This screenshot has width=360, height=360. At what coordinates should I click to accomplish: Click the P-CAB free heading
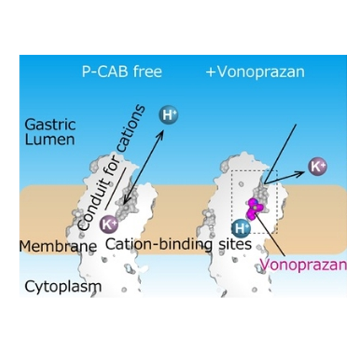tap(122, 71)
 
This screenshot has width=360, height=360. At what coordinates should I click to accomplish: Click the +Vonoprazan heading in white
tap(256, 72)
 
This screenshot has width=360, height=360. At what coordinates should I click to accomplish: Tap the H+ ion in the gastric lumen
tap(168, 115)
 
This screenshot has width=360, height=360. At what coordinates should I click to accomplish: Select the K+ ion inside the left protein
tap(109, 225)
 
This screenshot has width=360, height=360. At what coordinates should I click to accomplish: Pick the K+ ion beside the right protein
tap(318, 166)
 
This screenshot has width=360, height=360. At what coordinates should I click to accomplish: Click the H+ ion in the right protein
tap(241, 228)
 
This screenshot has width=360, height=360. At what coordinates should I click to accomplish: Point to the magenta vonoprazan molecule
tap(255, 208)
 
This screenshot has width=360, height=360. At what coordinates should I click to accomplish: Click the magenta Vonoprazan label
tap(304, 266)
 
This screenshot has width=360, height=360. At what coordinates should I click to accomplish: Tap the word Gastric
tap(50, 125)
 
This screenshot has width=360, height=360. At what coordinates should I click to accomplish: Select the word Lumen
tap(50, 140)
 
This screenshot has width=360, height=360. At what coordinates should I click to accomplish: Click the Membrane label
tap(58, 246)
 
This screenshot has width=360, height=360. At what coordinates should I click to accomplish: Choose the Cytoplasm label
tap(63, 287)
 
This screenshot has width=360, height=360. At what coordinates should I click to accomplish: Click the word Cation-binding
tap(159, 245)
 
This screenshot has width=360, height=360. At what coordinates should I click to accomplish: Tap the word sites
tap(235, 244)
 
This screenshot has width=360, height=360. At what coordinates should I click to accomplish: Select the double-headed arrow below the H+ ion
tap(144, 168)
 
